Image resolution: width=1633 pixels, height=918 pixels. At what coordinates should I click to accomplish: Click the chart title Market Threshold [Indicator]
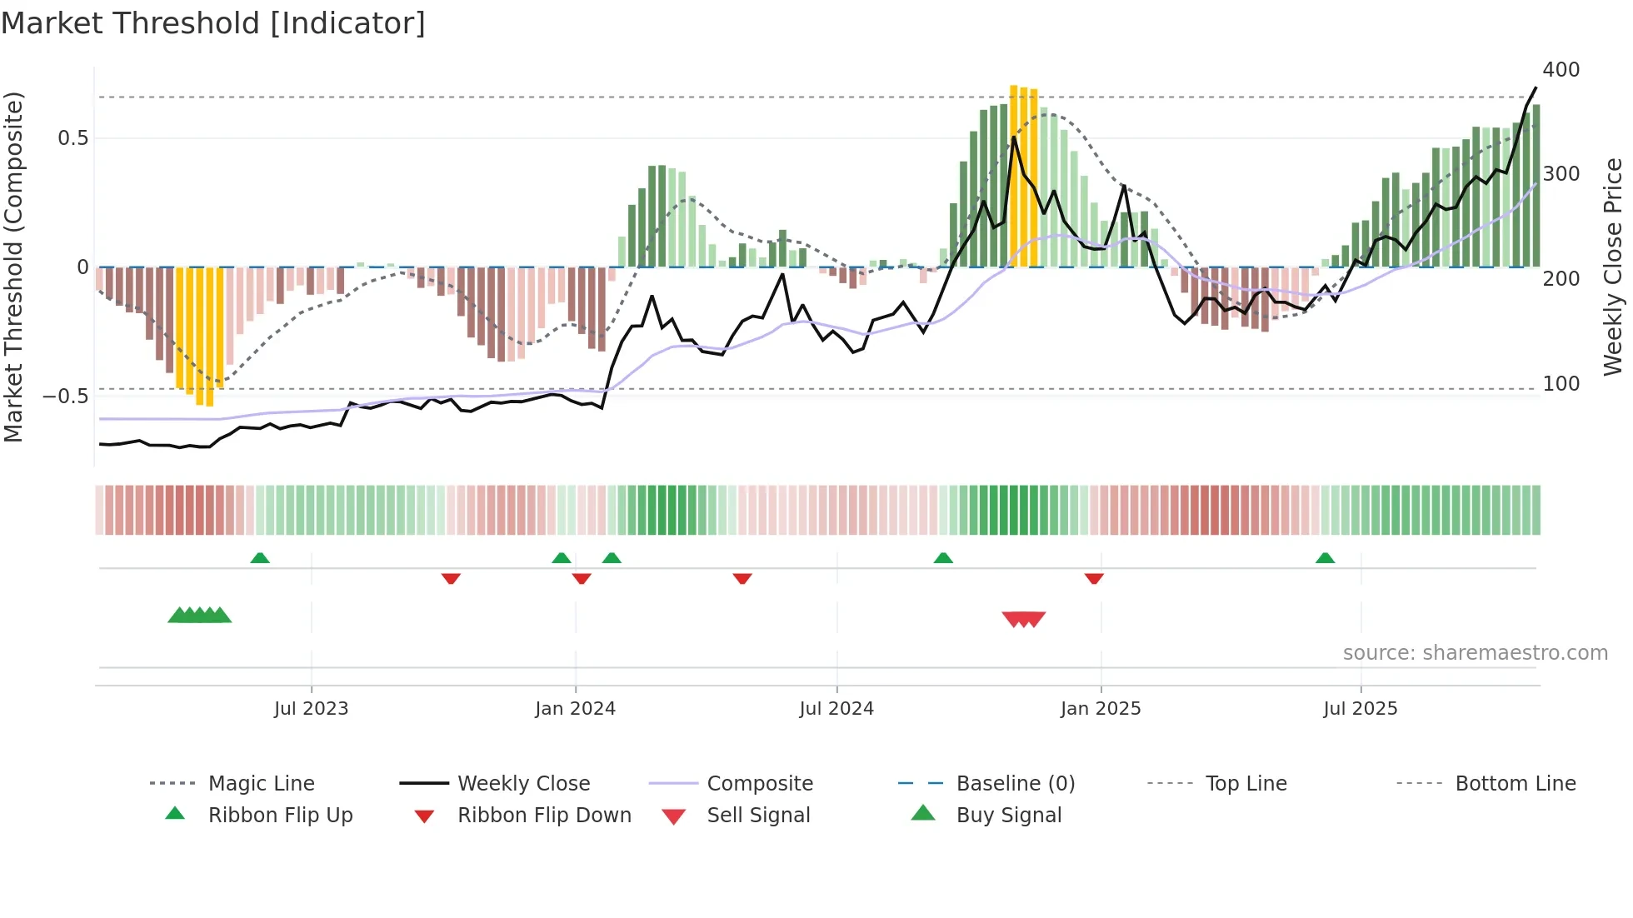[x=213, y=23]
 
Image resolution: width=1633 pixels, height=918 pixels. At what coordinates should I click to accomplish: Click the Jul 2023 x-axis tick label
[x=311, y=709]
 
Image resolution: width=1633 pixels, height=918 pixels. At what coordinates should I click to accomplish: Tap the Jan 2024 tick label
[x=575, y=709]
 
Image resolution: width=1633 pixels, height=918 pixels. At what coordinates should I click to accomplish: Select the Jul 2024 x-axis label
[x=836, y=709]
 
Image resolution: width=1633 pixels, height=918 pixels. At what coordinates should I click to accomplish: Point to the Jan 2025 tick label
[x=1101, y=709]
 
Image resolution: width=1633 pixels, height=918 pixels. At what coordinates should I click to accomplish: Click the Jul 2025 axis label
[x=1361, y=709]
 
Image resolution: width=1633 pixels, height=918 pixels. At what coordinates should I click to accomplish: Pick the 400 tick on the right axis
[x=1561, y=70]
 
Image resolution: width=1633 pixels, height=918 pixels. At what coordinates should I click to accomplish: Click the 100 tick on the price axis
[x=1561, y=384]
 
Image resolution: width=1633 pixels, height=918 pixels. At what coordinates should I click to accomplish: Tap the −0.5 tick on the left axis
[x=66, y=397]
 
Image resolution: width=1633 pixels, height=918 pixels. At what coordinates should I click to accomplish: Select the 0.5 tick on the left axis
[x=73, y=138]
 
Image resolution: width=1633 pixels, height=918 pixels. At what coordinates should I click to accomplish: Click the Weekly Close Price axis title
[x=1614, y=267]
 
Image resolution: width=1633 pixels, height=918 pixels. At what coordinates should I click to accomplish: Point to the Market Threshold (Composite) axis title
[x=14, y=267]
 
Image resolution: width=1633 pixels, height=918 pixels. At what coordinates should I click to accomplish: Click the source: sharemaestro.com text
[x=1475, y=653]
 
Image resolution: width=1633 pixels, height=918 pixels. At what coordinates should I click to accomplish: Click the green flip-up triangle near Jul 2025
[x=1325, y=558]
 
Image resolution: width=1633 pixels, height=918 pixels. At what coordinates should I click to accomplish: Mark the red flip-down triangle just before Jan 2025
[x=1094, y=578]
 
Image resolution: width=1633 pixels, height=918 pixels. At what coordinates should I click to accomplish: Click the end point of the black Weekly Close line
[x=1536, y=87]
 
